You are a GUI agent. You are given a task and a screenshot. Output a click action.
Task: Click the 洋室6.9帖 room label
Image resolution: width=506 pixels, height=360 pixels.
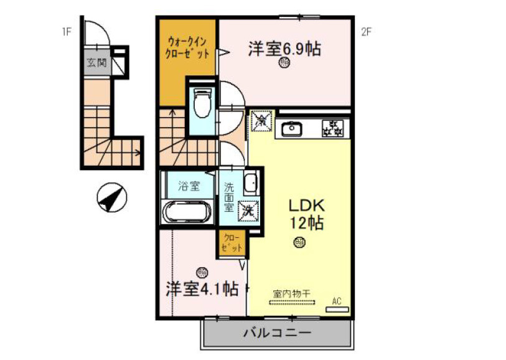284,49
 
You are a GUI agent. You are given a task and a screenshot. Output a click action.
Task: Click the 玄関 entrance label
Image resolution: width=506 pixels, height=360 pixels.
96,64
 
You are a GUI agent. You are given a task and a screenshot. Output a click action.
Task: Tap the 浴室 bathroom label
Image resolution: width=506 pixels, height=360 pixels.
189,186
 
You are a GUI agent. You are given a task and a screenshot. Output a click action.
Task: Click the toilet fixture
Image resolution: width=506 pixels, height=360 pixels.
202,103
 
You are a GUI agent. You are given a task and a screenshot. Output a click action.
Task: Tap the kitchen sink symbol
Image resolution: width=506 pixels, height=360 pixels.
291,129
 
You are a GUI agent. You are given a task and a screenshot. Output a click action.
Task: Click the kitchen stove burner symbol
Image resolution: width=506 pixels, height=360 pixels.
332,128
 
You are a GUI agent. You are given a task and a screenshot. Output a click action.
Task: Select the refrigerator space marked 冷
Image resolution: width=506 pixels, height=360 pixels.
262,122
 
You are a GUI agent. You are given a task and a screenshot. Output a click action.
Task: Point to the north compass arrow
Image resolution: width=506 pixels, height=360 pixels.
112,197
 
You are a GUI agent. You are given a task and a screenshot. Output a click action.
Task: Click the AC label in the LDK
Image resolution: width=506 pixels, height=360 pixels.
336,301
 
